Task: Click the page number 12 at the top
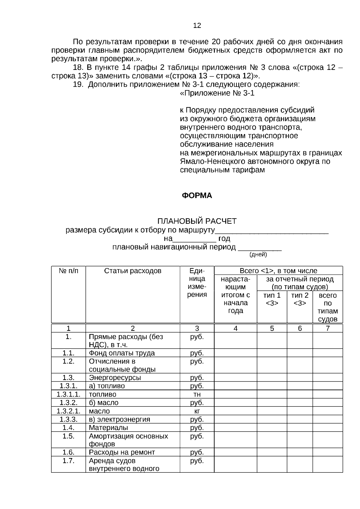coord(197,25)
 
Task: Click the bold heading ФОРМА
coord(197,196)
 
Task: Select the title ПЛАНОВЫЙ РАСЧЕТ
coord(197,221)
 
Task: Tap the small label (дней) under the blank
coord(258,255)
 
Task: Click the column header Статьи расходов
coord(133,271)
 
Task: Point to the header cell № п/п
coord(68,271)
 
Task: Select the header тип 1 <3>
coord(272,299)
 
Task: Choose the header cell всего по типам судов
coord(328,307)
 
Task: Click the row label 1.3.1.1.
coord(68,394)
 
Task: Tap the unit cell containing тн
coord(197,394)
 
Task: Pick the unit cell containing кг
coord(197,411)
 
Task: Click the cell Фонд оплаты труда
coord(122,353)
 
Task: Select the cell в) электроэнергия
coord(119,419)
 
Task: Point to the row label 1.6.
coord(68,452)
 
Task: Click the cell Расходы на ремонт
coord(122,452)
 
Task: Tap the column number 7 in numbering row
coord(328,328)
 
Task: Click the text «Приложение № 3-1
coord(217,93)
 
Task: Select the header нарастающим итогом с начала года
coord(235,295)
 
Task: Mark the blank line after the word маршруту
coord(272,231)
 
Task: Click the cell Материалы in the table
coord(108,427)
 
